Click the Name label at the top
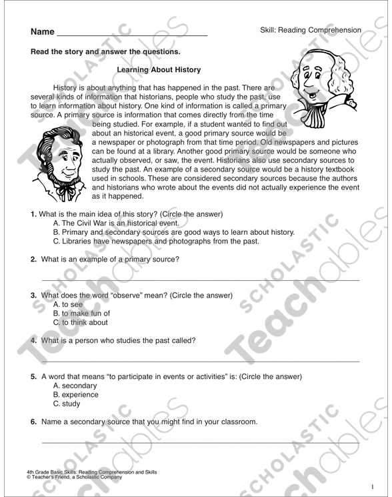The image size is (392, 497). pyautogui.click(x=41, y=32)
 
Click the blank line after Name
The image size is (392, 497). pyautogui.click(x=133, y=34)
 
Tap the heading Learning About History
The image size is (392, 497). pyautogui.click(x=158, y=69)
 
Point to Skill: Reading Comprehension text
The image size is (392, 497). pyautogui.click(x=311, y=30)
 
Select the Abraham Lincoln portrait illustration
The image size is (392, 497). pyautogui.click(x=61, y=167)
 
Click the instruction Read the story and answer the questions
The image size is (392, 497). pyautogui.click(x=105, y=51)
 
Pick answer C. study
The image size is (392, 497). pyautogui.click(x=67, y=404)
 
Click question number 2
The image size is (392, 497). pyautogui.click(x=33, y=259)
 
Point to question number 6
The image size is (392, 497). pyautogui.click(x=33, y=422)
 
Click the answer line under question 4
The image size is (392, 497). pyautogui.click(x=200, y=361)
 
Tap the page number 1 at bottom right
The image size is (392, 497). pyautogui.click(x=373, y=486)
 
